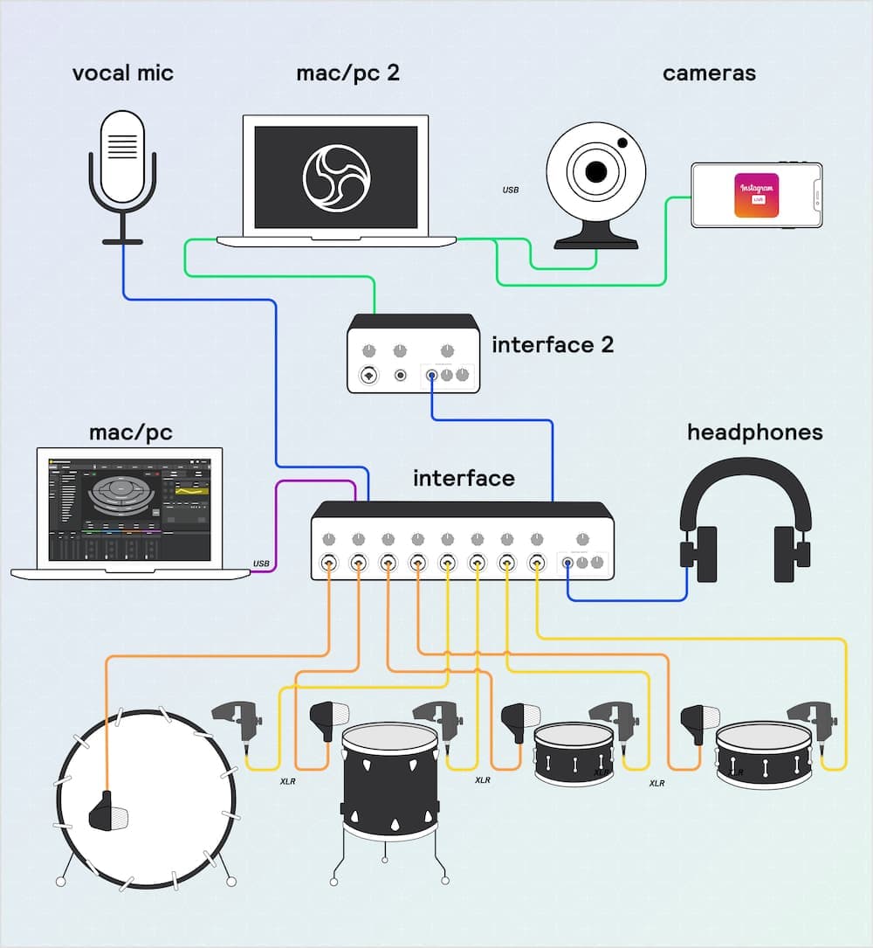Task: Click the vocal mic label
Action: coord(122,73)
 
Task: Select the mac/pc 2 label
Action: coord(347,73)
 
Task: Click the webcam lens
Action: coord(596,171)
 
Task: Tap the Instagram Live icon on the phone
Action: coord(756,196)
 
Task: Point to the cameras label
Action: coord(709,73)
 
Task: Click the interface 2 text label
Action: coord(553,345)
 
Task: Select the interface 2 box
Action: coord(413,354)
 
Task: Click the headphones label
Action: coord(754,432)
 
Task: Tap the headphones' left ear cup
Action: coord(698,553)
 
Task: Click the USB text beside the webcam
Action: coord(511,190)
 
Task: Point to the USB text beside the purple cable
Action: coord(261,563)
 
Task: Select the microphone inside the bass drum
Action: coord(108,811)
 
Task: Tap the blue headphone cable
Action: coord(629,600)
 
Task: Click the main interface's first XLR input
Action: coord(329,562)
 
